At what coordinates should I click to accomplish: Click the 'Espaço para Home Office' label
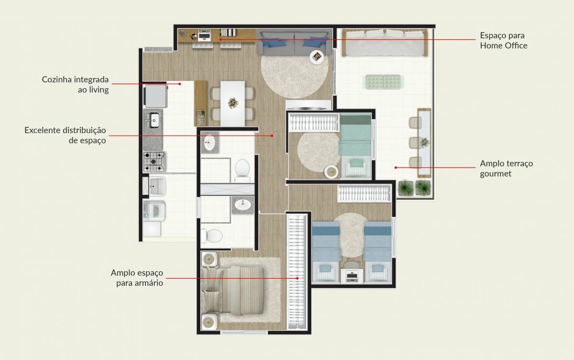(x=504, y=41)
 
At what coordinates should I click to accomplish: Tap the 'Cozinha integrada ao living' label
(x=76, y=84)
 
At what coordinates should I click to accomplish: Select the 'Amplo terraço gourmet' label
(x=507, y=169)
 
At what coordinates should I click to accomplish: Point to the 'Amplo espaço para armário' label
(x=137, y=278)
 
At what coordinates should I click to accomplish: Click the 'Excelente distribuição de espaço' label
(x=65, y=135)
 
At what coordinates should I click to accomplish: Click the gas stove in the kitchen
(x=154, y=161)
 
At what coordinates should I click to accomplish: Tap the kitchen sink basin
(x=154, y=120)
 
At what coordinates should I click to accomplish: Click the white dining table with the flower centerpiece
(x=232, y=103)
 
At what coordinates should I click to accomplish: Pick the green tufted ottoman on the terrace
(x=383, y=82)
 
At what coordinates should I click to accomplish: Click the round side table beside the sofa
(x=317, y=57)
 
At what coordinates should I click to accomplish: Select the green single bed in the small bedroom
(x=355, y=146)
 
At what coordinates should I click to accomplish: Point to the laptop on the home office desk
(x=204, y=35)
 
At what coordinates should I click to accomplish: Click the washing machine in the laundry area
(x=155, y=211)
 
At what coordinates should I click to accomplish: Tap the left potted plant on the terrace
(x=406, y=189)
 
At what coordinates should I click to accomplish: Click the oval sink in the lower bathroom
(x=243, y=204)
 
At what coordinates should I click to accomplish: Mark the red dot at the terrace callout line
(x=396, y=168)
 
